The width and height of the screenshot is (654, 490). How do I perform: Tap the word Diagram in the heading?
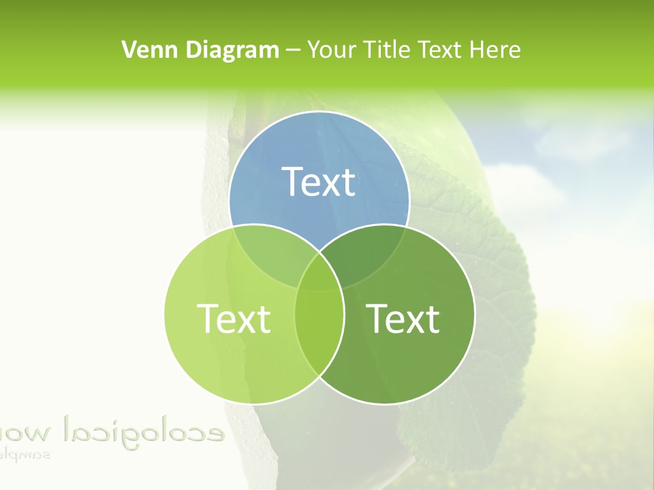(x=232, y=50)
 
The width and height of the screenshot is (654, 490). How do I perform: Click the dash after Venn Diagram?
(x=293, y=50)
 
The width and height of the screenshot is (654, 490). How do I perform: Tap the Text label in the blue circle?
(x=319, y=182)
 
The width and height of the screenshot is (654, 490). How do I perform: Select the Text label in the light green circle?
(x=234, y=318)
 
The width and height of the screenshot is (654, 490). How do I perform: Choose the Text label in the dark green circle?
(x=403, y=318)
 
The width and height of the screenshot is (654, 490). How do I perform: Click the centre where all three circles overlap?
(x=319, y=276)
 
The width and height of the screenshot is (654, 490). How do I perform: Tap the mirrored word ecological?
(x=143, y=430)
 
